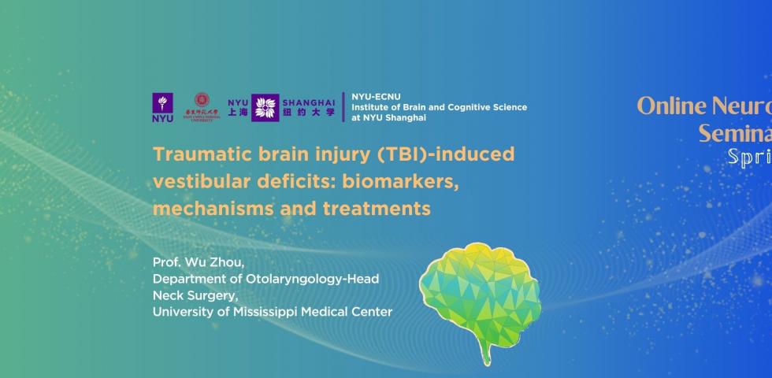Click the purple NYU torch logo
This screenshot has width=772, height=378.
[163, 107]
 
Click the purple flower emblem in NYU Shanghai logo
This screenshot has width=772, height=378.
[265, 107]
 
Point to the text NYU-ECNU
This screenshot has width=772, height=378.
[371, 97]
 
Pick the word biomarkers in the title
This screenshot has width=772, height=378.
[405, 182]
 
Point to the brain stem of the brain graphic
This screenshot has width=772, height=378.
[486, 351]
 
